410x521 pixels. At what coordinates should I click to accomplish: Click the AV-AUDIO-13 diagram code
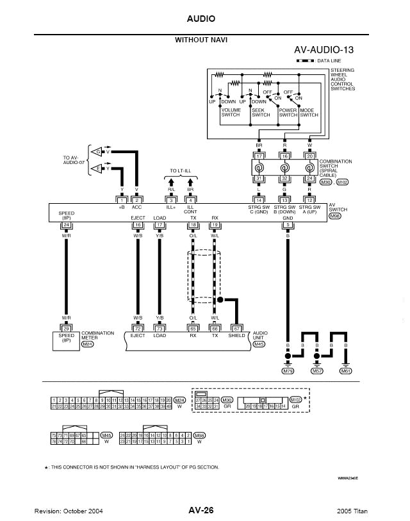click(x=324, y=50)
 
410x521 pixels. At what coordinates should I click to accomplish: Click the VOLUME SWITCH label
click(x=231, y=112)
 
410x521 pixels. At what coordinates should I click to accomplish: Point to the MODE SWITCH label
click(x=309, y=112)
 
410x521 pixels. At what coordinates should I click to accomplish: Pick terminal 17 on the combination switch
click(x=259, y=156)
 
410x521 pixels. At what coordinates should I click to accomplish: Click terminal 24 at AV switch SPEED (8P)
click(x=66, y=224)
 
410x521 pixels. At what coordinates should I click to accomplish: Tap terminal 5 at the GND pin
click(x=288, y=224)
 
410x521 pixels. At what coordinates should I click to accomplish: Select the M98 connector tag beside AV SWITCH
click(x=334, y=217)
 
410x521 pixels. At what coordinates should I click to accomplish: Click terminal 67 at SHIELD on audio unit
click(x=236, y=328)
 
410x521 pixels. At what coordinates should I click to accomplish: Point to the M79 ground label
click(x=288, y=370)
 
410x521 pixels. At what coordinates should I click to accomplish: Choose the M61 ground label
click(x=345, y=370)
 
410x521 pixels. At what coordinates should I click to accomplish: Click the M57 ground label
click(x=316, y=370)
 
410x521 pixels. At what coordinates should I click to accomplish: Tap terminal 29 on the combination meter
click(x=66, y=328)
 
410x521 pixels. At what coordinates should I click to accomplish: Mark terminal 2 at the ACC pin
click(x=137, y=201)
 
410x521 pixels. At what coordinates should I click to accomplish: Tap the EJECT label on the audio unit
click(x=138, y=335)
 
